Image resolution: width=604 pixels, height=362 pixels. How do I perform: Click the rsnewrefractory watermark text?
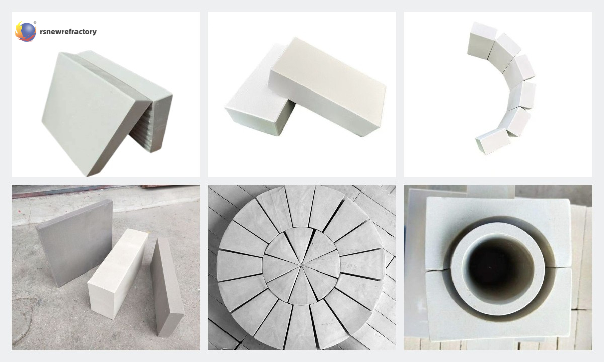coord(68,32)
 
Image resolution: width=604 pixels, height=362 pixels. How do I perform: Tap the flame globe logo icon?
coord(26,31)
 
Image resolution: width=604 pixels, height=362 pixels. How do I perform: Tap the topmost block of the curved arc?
coord(482,39)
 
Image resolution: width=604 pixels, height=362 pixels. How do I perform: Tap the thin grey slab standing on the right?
coord(167,287)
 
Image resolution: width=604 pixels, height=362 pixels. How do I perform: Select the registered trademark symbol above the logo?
coord(35,23)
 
